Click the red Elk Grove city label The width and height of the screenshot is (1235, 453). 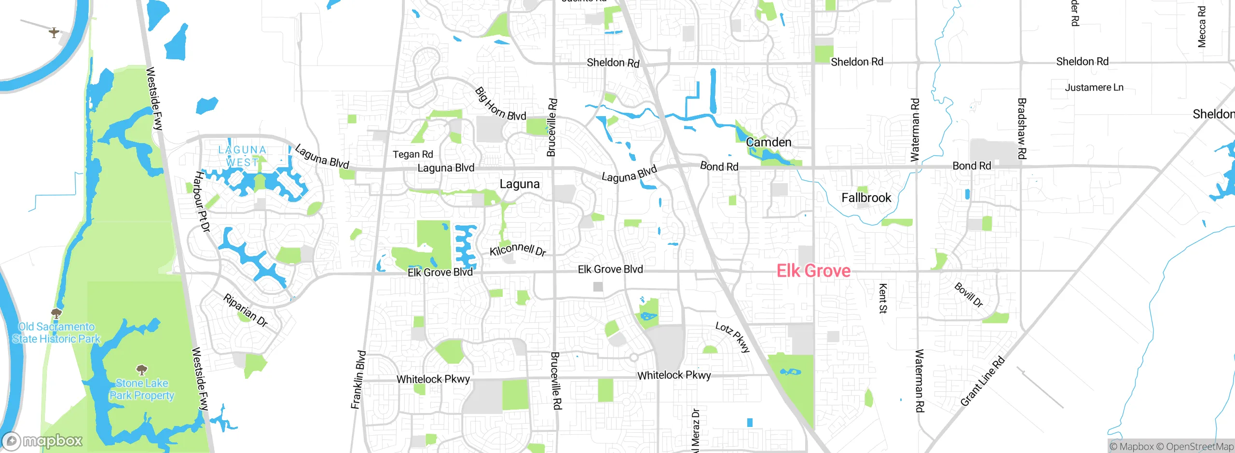click(813, 271)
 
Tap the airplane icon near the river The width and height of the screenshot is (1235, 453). click(54, 32)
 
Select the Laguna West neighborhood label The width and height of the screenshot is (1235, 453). click(242, 156)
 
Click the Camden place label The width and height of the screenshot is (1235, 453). click(768, 142)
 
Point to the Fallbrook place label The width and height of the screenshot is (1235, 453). click(866, 198)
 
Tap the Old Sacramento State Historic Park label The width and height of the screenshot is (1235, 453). click(56, 333)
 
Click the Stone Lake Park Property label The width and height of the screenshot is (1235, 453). click(141, 389)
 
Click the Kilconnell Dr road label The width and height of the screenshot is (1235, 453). click(518, 250)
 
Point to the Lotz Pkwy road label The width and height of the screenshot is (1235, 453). click(732, 337)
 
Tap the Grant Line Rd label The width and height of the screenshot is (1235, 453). click(982, 381)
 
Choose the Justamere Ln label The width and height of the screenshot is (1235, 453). click(1094, 87)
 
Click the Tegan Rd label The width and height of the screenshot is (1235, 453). click(412, 154)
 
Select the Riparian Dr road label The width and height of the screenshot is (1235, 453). click(245, 310)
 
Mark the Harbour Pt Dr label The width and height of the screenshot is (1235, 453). click(202, 201)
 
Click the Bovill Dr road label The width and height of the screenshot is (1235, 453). click(969, 295)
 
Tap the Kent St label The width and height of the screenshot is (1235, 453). click(882, 298)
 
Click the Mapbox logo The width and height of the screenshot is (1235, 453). click(42, 440)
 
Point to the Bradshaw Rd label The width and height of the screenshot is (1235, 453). click(1021, 128)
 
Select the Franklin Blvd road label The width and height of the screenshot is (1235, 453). click(358, 380)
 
